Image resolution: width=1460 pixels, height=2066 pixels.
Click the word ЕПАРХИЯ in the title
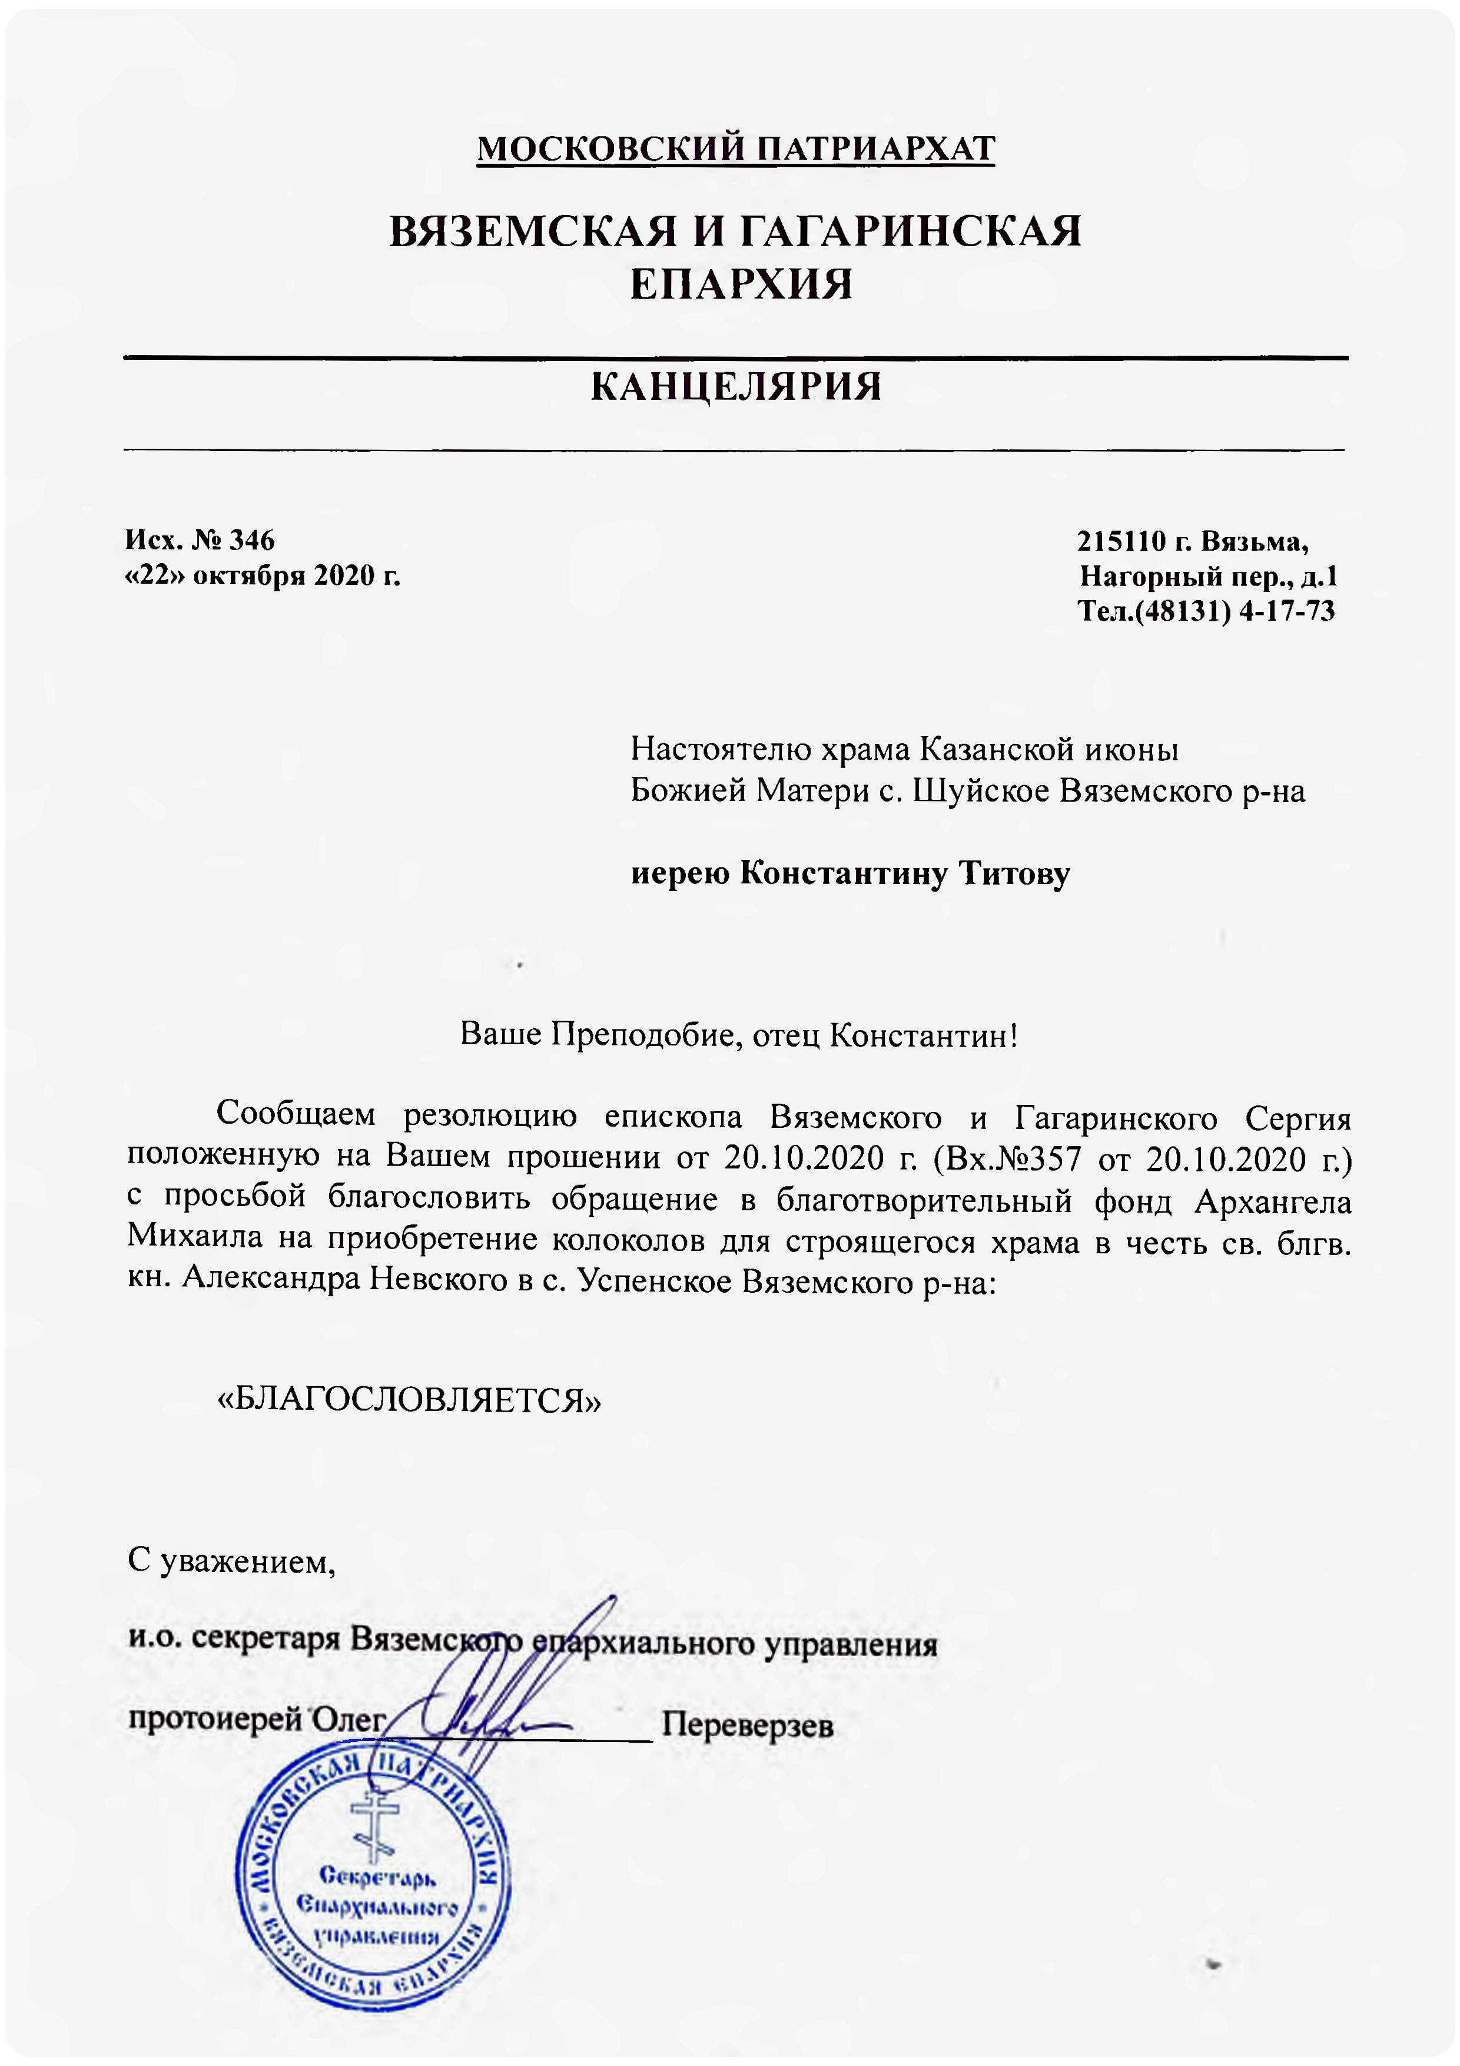coord(741,284)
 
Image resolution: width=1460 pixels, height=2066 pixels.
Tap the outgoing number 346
coord(252,540)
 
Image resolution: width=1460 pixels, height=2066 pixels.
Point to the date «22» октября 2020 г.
coord(263,575)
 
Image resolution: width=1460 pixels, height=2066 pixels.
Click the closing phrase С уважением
coord(231,1561)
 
